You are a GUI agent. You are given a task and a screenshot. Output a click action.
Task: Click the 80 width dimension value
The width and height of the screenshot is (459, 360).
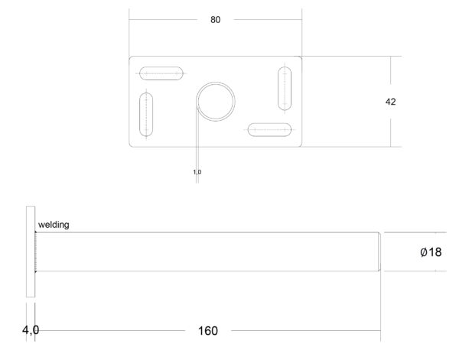click(x=215, y=20)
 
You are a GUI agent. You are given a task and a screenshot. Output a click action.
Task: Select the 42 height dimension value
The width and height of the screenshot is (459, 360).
click(x=390, y=102)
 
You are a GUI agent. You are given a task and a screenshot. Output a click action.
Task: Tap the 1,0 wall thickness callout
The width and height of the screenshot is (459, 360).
click(x=197, y=172)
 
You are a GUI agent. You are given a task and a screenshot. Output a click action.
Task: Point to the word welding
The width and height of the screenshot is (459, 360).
click(x=54, y=225)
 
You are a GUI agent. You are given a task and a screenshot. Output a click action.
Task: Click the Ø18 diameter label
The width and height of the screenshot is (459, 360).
click(x=431, y=251)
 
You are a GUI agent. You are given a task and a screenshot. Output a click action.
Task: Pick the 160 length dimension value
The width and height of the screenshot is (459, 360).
click(x=208, y=331)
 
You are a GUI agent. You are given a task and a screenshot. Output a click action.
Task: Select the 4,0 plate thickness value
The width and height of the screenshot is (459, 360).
click(x=31, y=330)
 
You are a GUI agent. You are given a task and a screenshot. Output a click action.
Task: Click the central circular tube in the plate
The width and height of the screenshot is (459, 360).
click(x=216, y=83)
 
